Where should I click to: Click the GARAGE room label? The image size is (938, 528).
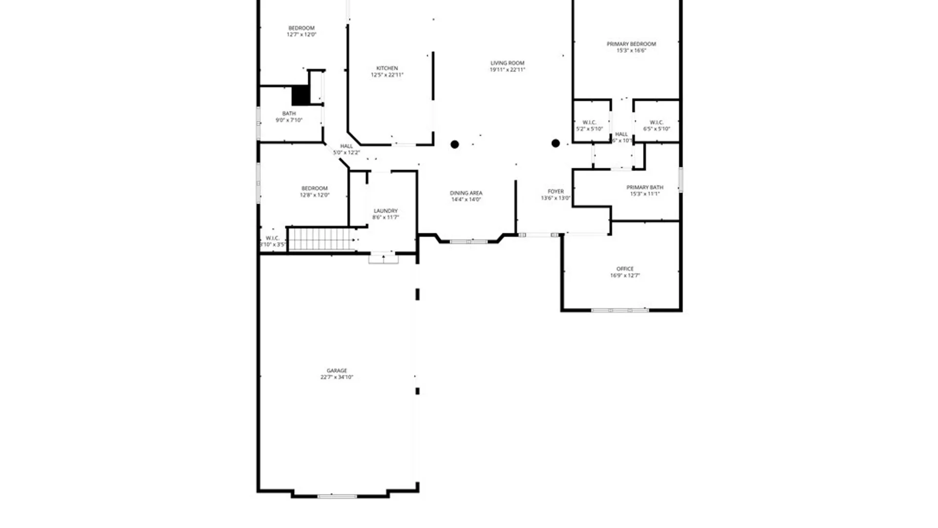337,371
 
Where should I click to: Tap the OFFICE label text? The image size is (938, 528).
625,269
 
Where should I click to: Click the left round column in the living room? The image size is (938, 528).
454,144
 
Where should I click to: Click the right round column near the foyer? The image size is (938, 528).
555,143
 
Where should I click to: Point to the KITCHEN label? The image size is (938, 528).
387,68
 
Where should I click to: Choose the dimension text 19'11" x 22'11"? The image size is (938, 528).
507,70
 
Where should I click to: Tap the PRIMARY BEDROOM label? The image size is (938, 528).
631,44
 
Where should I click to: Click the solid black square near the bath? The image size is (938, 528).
300,95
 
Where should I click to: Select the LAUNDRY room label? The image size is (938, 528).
385,211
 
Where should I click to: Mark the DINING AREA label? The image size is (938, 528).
466,193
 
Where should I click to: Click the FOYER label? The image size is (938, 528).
555,192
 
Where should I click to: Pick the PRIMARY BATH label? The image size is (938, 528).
644,187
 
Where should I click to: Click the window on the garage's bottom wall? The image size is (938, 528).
337,496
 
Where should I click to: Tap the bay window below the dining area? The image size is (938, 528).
469,242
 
